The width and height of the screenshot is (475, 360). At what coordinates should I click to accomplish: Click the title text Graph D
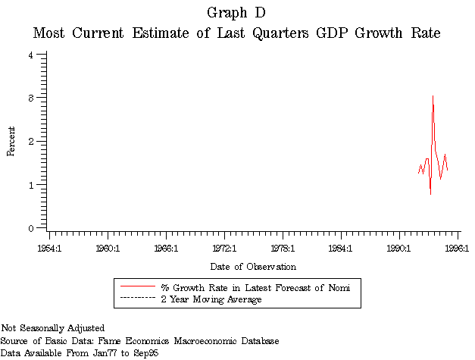pos(236,13)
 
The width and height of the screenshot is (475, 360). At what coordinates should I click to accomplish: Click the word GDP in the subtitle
pos(318,34)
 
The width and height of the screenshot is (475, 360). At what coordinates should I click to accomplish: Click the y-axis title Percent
pos(11,141)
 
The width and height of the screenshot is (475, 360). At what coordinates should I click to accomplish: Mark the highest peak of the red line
pos(433,96)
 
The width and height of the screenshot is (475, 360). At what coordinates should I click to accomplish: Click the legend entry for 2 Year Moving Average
pos(210,300)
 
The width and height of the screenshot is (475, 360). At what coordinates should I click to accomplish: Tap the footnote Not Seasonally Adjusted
pos(52,328)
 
